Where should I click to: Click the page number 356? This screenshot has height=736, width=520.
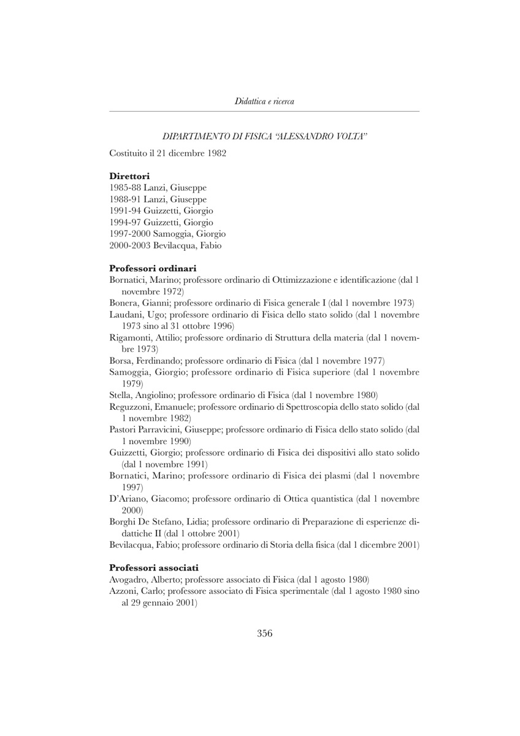click(x=264, y=634)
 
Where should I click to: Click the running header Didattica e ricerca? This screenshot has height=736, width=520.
click(x=264, y=101)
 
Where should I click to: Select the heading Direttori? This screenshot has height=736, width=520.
click(x=129, y=176)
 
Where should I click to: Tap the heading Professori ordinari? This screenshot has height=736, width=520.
click(x=152, y=268)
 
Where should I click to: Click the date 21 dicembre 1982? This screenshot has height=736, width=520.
click(x=188, y=153)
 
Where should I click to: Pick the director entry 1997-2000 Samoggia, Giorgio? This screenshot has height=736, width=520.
click(x=167, y=234)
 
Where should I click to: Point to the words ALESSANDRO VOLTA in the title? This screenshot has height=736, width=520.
click(x=316, y=134)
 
